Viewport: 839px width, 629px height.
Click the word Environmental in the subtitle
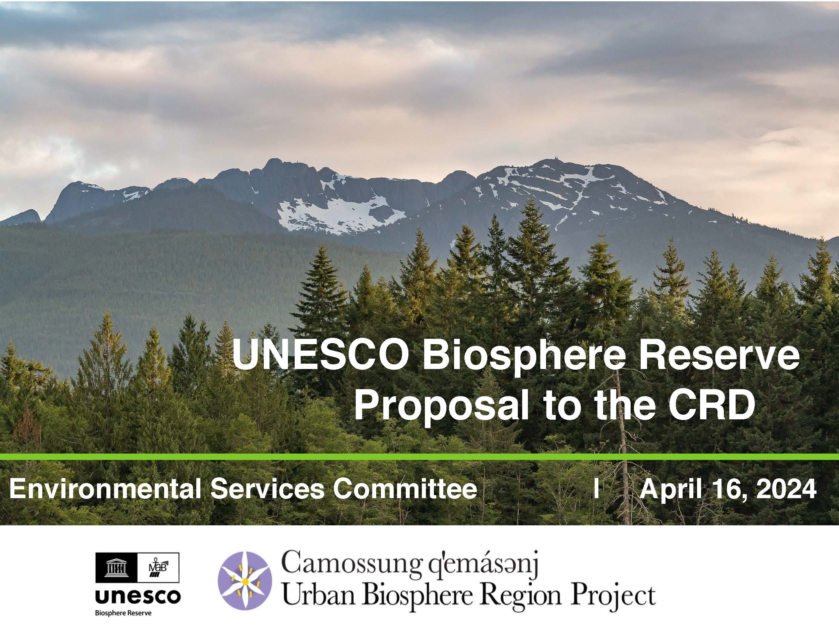point(105,489)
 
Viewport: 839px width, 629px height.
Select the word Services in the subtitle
point(268,489)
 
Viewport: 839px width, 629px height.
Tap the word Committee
point(405,489)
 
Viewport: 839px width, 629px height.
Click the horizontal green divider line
point(419,457)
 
